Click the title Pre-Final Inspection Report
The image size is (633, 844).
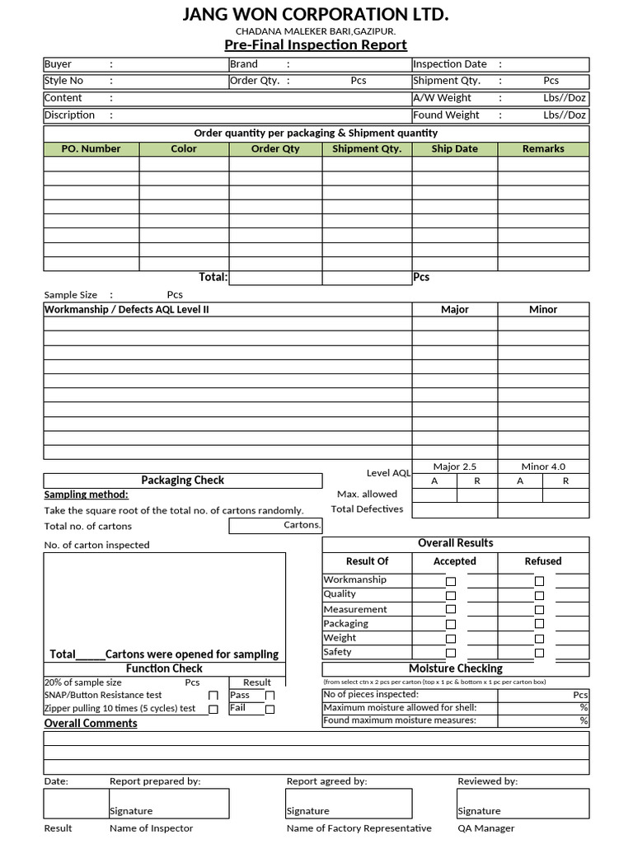(316, 45)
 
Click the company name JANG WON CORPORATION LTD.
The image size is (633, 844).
(316, 15)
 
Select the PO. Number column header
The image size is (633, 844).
(91, 148)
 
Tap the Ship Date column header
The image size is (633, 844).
(454, 148)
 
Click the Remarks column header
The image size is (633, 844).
(543, 148)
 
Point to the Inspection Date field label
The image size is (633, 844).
(450, 64)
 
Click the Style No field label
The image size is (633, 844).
(64, 81)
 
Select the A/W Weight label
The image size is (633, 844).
(443, 98)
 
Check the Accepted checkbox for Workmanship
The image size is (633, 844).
(450, 581)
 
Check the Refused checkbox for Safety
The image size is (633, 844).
(539, 654)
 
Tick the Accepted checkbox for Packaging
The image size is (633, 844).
(450, 625)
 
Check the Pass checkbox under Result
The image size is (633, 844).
(270, 696)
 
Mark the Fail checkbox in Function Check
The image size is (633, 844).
(270, 709)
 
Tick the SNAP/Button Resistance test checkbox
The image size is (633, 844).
(213, 696)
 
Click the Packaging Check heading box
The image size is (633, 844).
(182, 481)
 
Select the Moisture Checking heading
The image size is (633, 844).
(455, 668)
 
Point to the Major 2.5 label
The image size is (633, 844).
(455, 467)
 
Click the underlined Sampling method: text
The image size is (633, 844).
(86, 495)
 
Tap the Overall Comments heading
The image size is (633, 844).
(91, 724)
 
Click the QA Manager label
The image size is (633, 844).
(486, 828)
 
